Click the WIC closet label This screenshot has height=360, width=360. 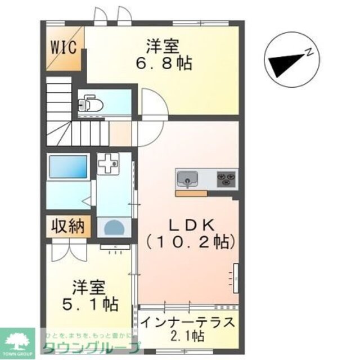(x=65, y=47)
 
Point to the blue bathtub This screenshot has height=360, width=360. (x=68, y=167)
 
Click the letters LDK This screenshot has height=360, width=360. (x=192, y=225)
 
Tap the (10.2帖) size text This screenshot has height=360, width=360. (x=191, y=243)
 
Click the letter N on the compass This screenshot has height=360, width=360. (x=309, y=52)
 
